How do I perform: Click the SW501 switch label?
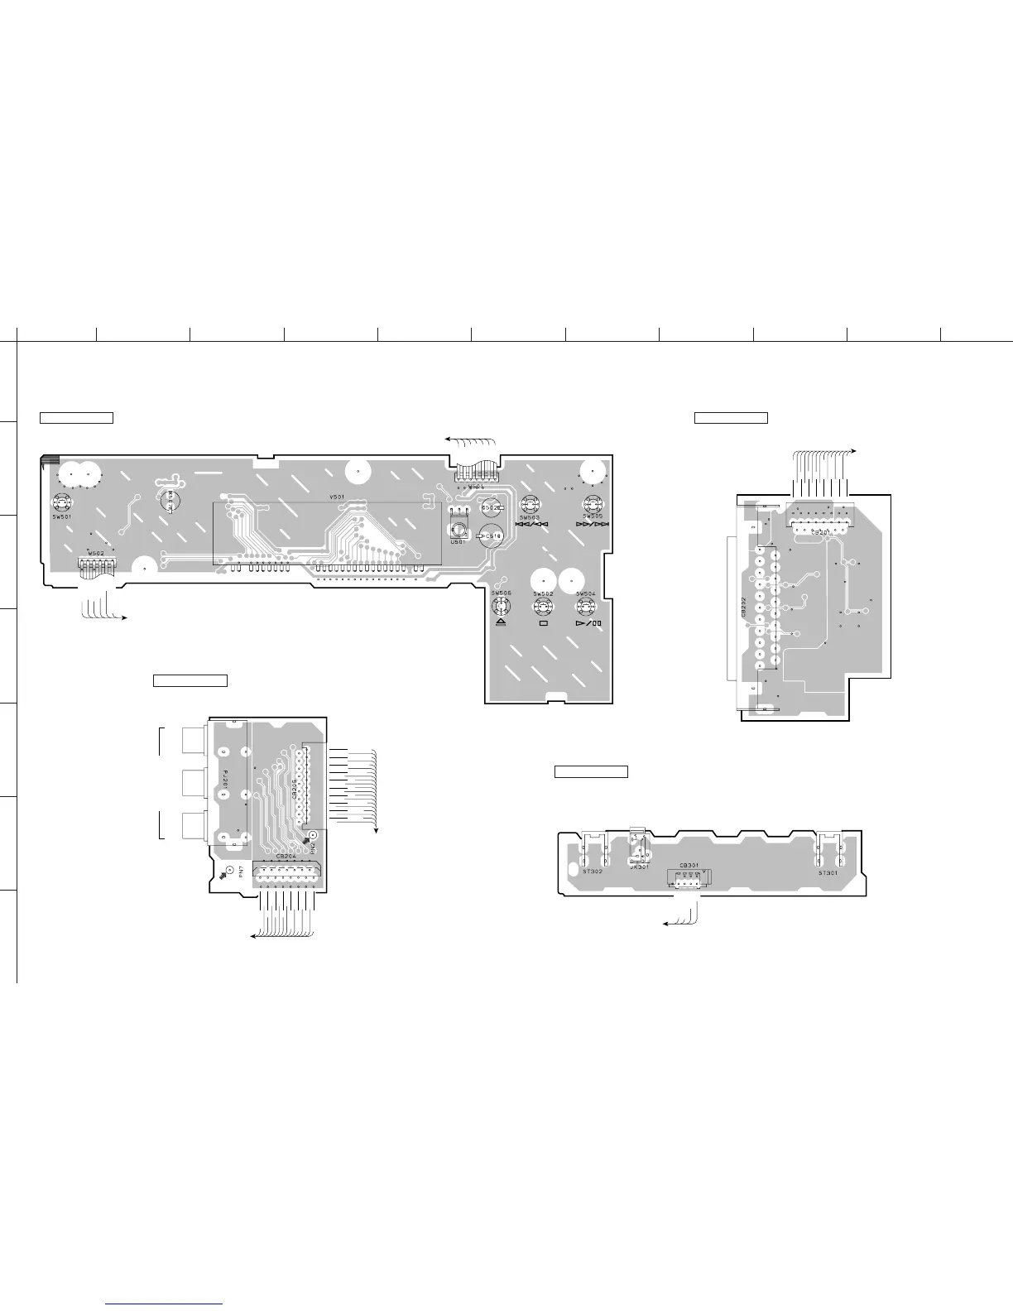(60, 516)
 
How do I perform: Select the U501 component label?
(457, 541)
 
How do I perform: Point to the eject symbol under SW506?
(499, 622)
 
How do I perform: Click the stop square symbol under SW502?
(543, 622)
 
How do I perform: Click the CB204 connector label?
(286, 857)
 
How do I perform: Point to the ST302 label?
(593, 872)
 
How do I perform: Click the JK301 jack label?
(639, 867)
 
